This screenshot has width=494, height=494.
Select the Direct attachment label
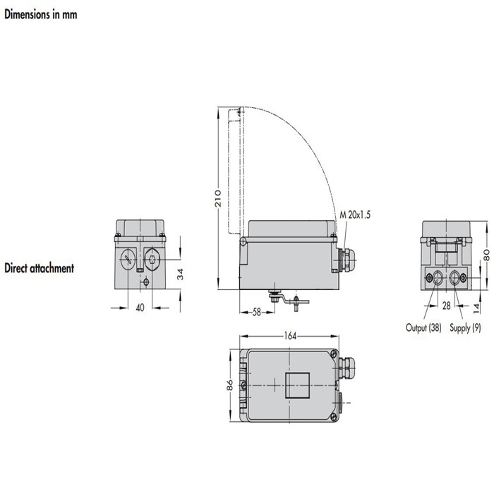(39, 268)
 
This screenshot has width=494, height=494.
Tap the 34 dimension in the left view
(180, 274)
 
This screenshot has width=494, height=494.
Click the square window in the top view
(295, 387)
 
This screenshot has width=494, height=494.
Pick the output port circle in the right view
(438, 277)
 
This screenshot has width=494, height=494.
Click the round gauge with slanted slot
(128, 258)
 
